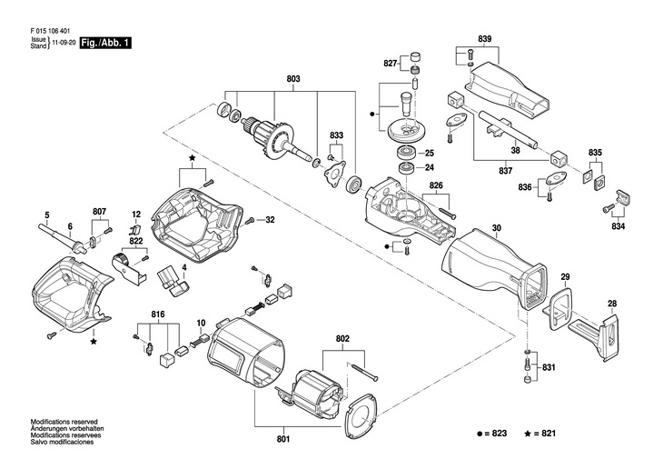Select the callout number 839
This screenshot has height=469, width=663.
coord(484,38)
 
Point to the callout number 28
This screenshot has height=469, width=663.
coord(612,304)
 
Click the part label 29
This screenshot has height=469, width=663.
coord(564,276)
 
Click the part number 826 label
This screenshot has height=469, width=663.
coord(436,186)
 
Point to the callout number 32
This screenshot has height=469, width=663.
coord(270,219)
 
